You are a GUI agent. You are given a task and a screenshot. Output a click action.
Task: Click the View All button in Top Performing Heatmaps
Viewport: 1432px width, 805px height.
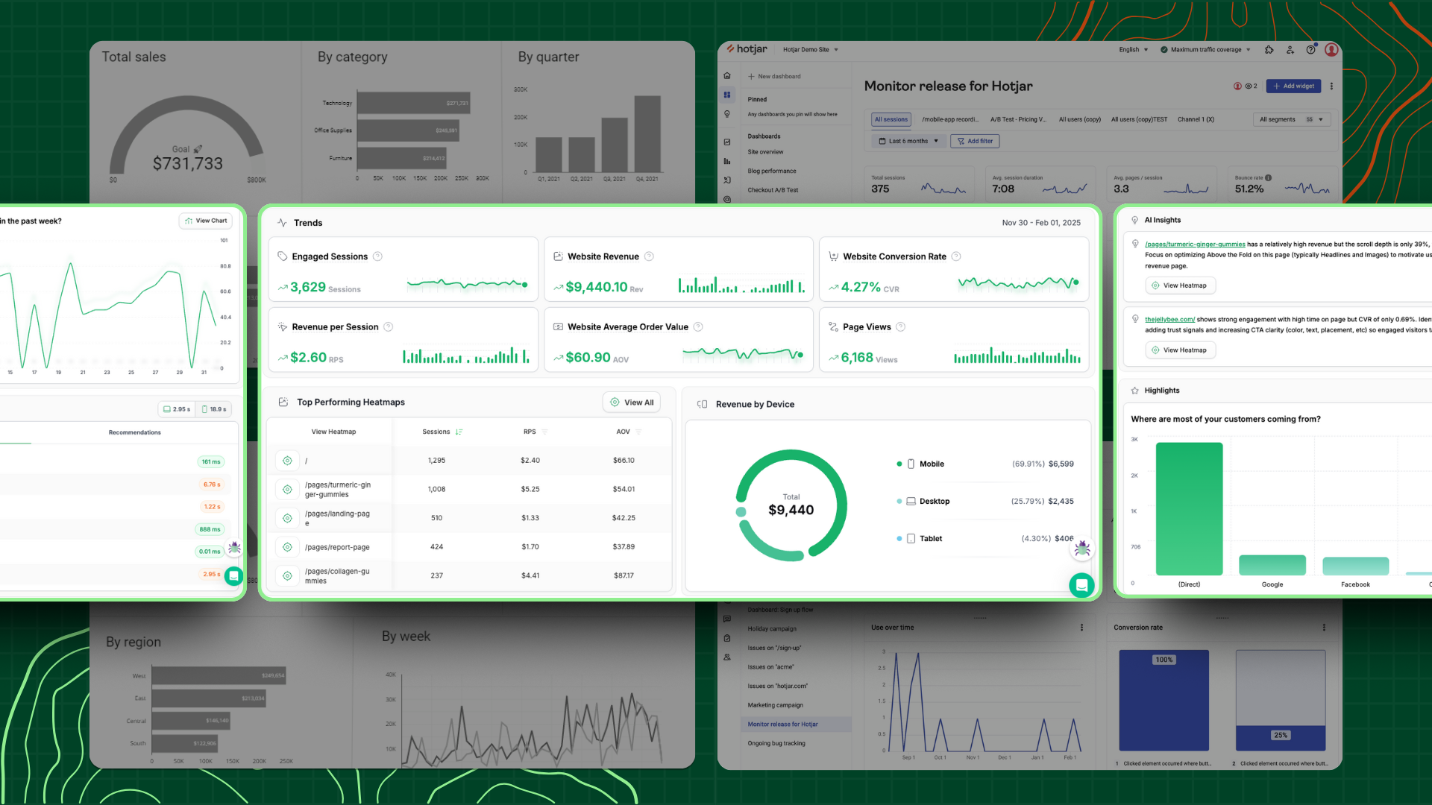pos(632,402)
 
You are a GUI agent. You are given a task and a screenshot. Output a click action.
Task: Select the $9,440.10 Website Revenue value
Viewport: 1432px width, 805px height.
pos(596,287)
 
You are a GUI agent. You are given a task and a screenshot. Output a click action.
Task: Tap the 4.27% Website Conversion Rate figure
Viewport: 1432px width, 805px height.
pos(861,287)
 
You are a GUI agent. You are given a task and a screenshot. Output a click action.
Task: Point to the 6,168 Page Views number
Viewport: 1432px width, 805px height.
pos(857,358)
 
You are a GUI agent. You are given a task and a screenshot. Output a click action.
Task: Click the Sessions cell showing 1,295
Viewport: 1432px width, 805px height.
pos(436,461)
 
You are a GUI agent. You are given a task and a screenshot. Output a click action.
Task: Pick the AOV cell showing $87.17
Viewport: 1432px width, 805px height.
pos(624,575)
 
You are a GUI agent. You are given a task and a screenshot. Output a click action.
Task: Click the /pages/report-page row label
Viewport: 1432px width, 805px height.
pos(337,547)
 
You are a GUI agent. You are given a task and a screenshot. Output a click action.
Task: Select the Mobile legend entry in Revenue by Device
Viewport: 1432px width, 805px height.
pos(932,464)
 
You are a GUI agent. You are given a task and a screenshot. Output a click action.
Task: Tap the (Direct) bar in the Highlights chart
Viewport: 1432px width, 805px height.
pos(1189,508)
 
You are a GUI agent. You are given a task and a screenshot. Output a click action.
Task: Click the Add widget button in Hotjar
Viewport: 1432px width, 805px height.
pos(1293,86)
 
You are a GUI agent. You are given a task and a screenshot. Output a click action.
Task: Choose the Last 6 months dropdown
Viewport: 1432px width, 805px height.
pos(908,141)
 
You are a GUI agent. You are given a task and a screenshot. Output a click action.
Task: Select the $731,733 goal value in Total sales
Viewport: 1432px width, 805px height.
pos(188,164)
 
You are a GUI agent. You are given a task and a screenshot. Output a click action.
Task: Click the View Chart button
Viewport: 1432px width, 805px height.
pos(206,221)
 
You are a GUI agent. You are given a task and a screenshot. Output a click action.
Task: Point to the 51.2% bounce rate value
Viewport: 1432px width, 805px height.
pos(1249,189)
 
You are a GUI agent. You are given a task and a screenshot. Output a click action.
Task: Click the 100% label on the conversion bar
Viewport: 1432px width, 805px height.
pos(1163,660)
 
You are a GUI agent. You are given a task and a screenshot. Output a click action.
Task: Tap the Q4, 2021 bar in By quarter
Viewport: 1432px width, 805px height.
pos(647,134)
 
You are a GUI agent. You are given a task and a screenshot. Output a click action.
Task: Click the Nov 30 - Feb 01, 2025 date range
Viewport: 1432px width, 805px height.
pos(1040,223)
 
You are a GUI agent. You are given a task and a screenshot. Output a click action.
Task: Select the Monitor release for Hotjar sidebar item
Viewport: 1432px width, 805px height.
pos(782,724)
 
